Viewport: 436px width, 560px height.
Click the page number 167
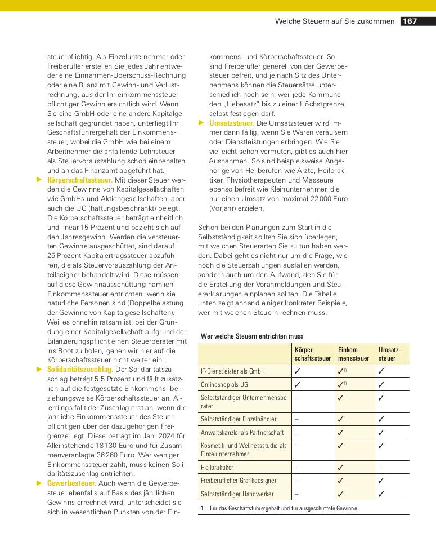(x=410, y=21)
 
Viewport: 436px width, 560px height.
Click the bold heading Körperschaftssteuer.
(x=80, y=180)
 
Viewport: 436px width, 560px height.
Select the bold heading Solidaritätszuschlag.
(x=80, y=369)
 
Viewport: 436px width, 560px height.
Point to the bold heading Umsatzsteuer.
(x=231, y=123)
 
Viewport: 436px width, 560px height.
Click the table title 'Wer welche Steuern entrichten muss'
(x=251, y=336)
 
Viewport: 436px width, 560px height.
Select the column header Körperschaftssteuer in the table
(x=312, y=354)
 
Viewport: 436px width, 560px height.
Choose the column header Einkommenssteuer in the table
(x=353, y=354)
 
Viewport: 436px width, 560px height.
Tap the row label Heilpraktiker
(x=217, y=467)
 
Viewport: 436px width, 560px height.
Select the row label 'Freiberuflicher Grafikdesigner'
(x=239, y=481)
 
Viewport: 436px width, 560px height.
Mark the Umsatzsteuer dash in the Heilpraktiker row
(x=381, y=467)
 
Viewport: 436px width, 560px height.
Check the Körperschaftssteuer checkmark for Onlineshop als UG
(x=297, y=385)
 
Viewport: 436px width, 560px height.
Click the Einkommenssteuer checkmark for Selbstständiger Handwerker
(x=340, y=494)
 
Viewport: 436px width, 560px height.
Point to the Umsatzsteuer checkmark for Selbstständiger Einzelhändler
(x=381, y=419)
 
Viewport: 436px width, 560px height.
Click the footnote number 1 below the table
(x=201, y=508)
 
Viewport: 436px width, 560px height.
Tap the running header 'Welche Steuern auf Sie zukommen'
(x=335, y=21)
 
